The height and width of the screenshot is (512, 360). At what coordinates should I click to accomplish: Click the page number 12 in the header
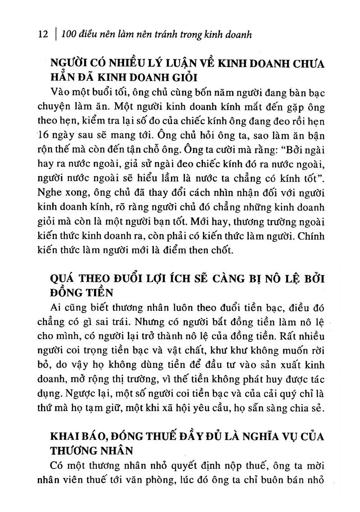pos(43,35)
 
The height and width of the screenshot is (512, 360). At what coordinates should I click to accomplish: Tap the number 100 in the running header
pos(69,35)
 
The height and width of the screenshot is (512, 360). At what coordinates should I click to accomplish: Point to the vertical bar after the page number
pos(55,35)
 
